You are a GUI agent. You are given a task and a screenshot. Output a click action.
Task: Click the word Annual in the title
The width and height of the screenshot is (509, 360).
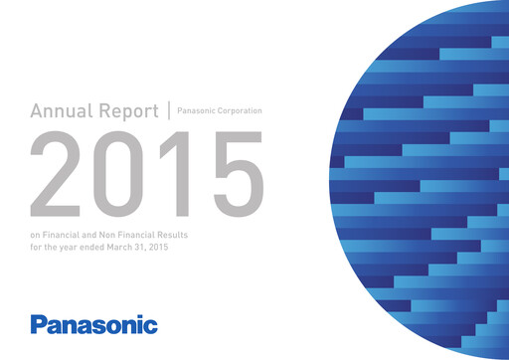pos(61,111)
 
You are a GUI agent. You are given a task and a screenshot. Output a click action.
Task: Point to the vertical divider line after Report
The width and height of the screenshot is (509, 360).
pos(169,110)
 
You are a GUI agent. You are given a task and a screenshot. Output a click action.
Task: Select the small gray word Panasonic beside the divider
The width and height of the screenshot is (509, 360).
pos(197,111)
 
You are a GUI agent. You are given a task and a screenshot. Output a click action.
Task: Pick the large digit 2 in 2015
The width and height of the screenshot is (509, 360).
pos(58,169)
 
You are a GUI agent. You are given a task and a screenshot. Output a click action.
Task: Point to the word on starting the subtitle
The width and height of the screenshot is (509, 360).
pos(37,236)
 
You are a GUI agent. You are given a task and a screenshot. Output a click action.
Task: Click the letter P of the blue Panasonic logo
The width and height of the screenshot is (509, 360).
pos(39,324)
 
